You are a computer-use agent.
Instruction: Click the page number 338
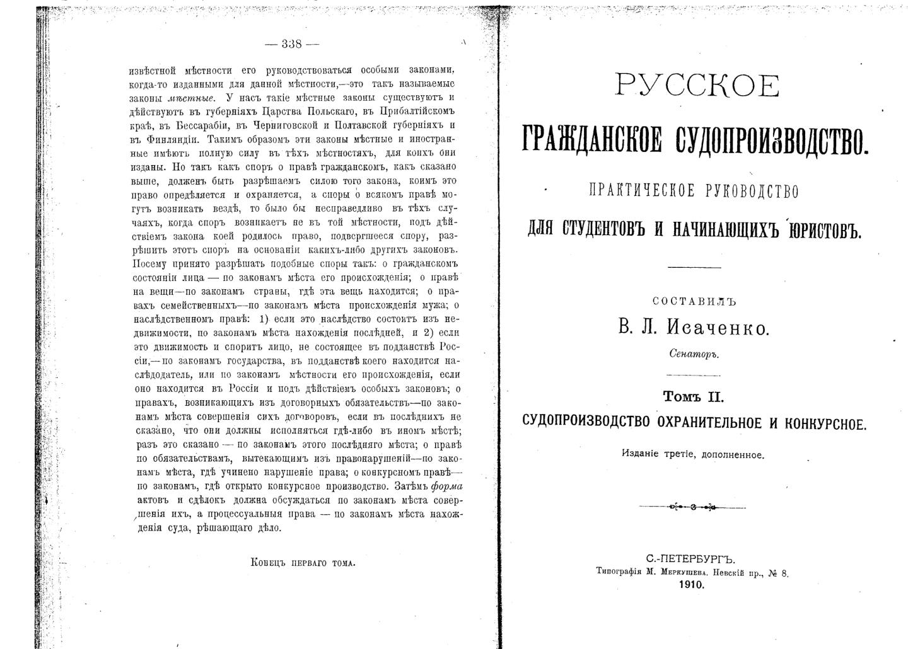click(x=292, y=44)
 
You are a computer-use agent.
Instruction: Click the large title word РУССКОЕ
click(x=697, y=86)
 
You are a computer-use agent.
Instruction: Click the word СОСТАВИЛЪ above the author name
click(x=694, y=302)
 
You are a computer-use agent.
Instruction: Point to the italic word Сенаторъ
click(x=694, y=354)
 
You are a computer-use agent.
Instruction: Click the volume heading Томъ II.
click(x=694, y=397)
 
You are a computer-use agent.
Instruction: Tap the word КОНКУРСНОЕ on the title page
click(x=825, y=423)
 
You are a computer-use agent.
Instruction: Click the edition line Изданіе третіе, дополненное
click(x=693, y=454)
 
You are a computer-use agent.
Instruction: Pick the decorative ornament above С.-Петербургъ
click(x=692, y=507)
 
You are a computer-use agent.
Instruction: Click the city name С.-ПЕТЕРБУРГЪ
click(x=690, y=559)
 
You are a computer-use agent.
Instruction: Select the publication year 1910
click(x=692, y=585)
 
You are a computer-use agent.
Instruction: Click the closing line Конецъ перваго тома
click(x=303, y=563)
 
